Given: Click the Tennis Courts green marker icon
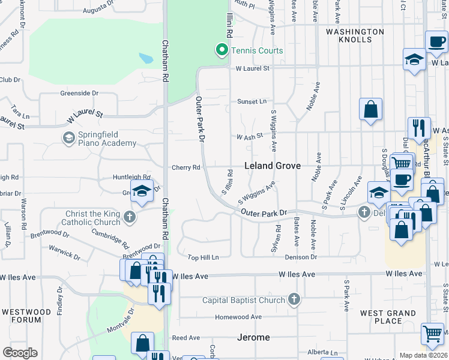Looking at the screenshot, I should click(x=222, y=50).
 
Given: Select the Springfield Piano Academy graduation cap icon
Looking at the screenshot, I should click(x=69, y=138).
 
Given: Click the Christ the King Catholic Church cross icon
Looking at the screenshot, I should click(x=130, y=218).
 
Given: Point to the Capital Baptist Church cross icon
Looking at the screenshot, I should click(x=294, y=299).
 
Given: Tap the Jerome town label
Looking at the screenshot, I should click(x=253, y=337).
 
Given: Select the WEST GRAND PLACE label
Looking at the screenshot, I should click(x=388, y=317).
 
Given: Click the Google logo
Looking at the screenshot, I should click(x=20, y=353).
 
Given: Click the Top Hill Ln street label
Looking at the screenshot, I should click(x=203, y=257).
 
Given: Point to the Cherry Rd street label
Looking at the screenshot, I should click(x=185, y=168).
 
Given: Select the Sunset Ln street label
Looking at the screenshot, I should click(x=252, y=101).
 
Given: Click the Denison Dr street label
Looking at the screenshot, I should click(x=300, y=257).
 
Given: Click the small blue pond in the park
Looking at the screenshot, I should click(x=145, y=59).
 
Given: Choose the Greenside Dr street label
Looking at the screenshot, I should click(x=79, y=93).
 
